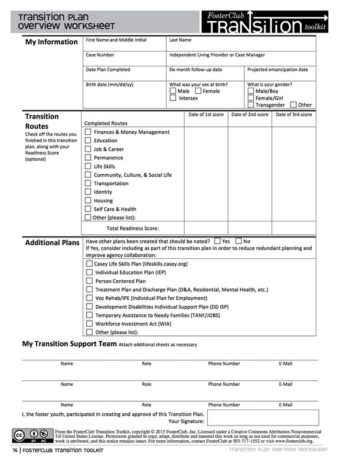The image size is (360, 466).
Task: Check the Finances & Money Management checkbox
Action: [88, 132]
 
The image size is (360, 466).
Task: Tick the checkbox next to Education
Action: [88, 140]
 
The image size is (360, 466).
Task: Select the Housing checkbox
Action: [88, 201]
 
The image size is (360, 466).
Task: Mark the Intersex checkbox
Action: [173, 98]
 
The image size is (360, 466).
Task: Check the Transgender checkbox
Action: [251, 105]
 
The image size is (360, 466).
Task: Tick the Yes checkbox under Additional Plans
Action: [217, 241]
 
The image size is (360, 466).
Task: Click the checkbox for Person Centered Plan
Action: [90, 281]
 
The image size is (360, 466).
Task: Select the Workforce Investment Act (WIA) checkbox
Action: [90, 323]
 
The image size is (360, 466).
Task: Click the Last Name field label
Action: [180, 40]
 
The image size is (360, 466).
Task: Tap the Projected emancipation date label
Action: [277, 69]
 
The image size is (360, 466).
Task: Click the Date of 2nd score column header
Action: [250, 114]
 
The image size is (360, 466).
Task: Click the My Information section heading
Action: [51, 42]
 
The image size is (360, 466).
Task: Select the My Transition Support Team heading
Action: [69, 344]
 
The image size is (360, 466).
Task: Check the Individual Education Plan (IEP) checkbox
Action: [90, 272]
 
